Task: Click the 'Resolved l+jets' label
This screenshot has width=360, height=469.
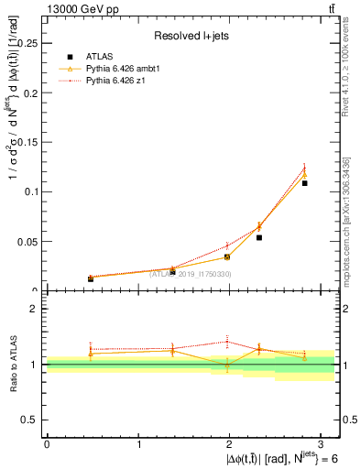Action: pyautogui.click(x=191, y=37)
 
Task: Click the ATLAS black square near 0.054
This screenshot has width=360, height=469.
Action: pyautogui.click(x=259, y=237)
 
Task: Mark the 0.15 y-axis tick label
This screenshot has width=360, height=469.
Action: pyautogui.click(x=27, y=141)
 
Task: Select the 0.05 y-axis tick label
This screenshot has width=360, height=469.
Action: pyautogui.click(x=27, y=241)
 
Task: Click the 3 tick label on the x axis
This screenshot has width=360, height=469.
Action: pyautogui.click(x=323, y=443)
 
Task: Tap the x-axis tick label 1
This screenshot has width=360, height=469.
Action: pyautogui.click(x=139, y=443)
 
